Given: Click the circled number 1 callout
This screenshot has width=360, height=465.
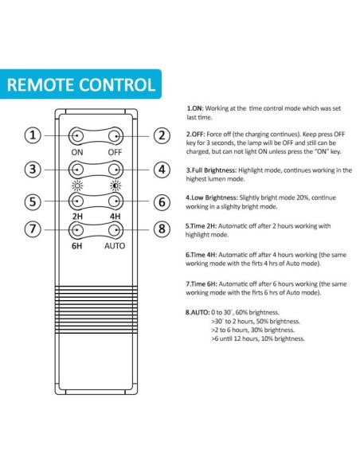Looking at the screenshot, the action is [x=33, y=135].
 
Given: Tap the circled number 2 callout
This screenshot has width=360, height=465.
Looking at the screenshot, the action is [x=162, y=135].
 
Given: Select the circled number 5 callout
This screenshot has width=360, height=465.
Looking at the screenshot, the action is [x=33, y=201].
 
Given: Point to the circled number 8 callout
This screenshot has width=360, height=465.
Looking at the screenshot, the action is [x=162, y=229].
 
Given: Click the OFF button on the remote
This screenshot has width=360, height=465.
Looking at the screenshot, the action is [x=115, y=136].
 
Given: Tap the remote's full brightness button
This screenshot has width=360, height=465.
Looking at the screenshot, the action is [x=76, y=170].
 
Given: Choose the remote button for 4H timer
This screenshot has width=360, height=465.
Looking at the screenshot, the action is [x=115, y=201].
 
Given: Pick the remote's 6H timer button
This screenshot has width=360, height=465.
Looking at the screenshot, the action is [x=76, y=230].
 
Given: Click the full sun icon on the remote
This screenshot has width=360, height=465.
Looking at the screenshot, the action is [x=77, y=186].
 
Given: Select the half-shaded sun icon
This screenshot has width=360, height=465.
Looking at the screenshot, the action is [x=115, y=186].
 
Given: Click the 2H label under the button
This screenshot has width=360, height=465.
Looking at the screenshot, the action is [x=77, y=217].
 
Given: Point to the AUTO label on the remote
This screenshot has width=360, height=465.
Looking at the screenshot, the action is [x=115, y=246].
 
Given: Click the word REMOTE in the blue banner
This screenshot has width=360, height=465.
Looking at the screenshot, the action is [x=41, y=84].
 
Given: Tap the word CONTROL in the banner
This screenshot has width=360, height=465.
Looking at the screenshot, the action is [x=117, y=84].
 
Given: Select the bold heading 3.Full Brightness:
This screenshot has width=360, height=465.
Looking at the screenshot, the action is [x=211, y=170].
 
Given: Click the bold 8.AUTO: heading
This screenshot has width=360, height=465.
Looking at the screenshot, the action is [x=198, y=312].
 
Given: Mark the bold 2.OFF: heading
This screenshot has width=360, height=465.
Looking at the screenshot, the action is [x=195, y=134].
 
